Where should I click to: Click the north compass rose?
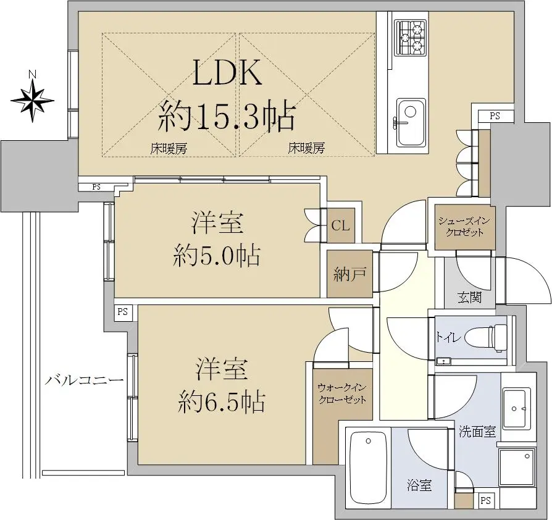[32, 100]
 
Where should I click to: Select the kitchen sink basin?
[410, 122]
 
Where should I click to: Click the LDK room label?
[228, 72]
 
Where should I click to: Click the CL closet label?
[340, 225]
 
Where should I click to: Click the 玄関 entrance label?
[470, 298]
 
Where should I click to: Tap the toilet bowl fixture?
[486, 338]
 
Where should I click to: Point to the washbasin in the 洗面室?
[516, 408]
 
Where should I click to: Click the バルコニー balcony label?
[85, 380]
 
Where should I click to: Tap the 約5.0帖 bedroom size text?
[217, 255]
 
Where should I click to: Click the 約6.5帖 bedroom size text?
[221, 401]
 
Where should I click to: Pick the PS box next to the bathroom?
[486, 500]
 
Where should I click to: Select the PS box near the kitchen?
[495, 116]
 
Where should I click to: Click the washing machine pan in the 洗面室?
[516, 466]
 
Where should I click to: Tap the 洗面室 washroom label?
[477, 432]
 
